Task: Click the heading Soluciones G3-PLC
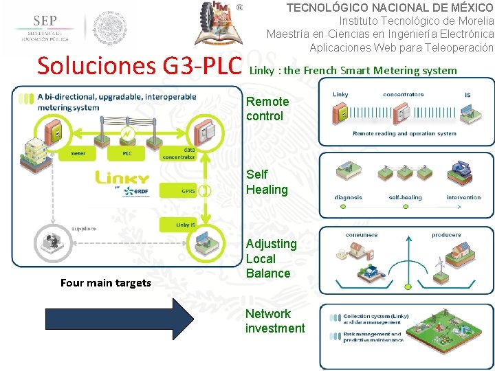click(x=140, y=66)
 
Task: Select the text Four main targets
click(x=106, y=282)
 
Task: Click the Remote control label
click(x=267, y=109)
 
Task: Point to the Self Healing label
click(x=267, y=182)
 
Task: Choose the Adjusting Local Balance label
click(x=271, y=258)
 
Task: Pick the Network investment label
click(x=274, y=321)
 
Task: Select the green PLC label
click(x=127, y=153)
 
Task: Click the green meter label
click(x=78, y=153)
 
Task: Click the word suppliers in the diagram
click(x=85, y=228)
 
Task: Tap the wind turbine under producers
click(x=439, y=262)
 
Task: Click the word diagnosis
click(x=349, y=198)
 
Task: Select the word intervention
click(x=463, y=198)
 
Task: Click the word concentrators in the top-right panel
click(x=403, y=95)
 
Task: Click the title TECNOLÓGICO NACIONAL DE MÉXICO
click(x=390, y=8)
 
